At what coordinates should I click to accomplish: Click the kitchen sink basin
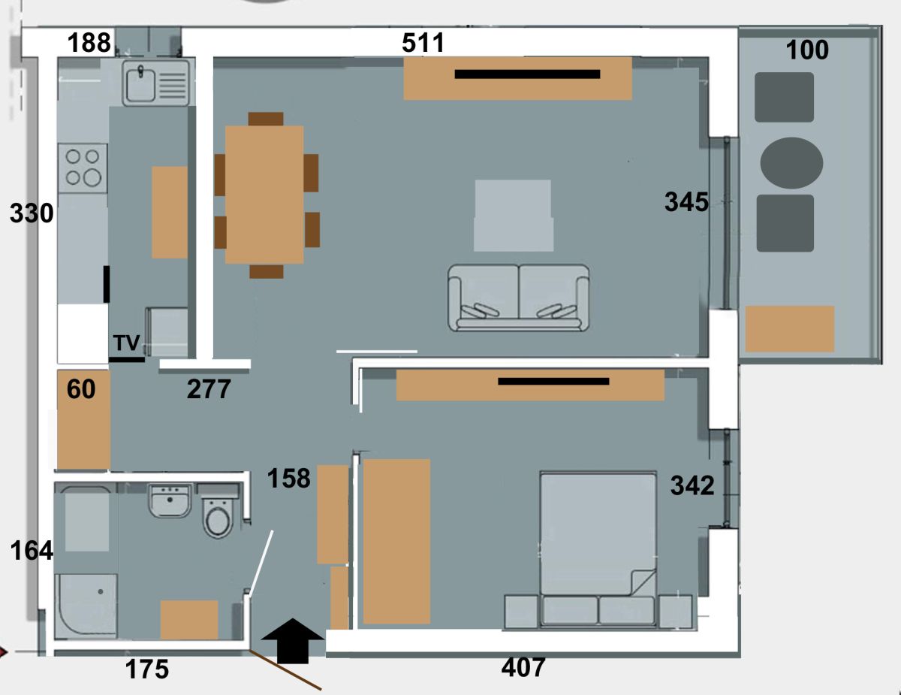141,85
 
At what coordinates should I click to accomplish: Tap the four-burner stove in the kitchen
83,168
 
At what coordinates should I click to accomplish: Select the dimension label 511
423,42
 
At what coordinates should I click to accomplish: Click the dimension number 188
89,42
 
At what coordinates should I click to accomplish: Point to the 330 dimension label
32,213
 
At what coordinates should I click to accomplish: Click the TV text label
127,343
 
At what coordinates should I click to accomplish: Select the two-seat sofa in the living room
518,298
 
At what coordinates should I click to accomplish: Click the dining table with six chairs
267,195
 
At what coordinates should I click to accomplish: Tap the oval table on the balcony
791,163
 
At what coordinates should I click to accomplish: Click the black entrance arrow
293,641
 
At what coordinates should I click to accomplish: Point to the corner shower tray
86,606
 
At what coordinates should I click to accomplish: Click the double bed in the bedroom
598,550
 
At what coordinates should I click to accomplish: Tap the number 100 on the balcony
807,50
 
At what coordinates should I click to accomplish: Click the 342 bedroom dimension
692,485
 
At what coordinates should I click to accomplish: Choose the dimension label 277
209,389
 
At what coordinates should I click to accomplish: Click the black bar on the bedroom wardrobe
553,382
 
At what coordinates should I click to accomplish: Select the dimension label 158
288,478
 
